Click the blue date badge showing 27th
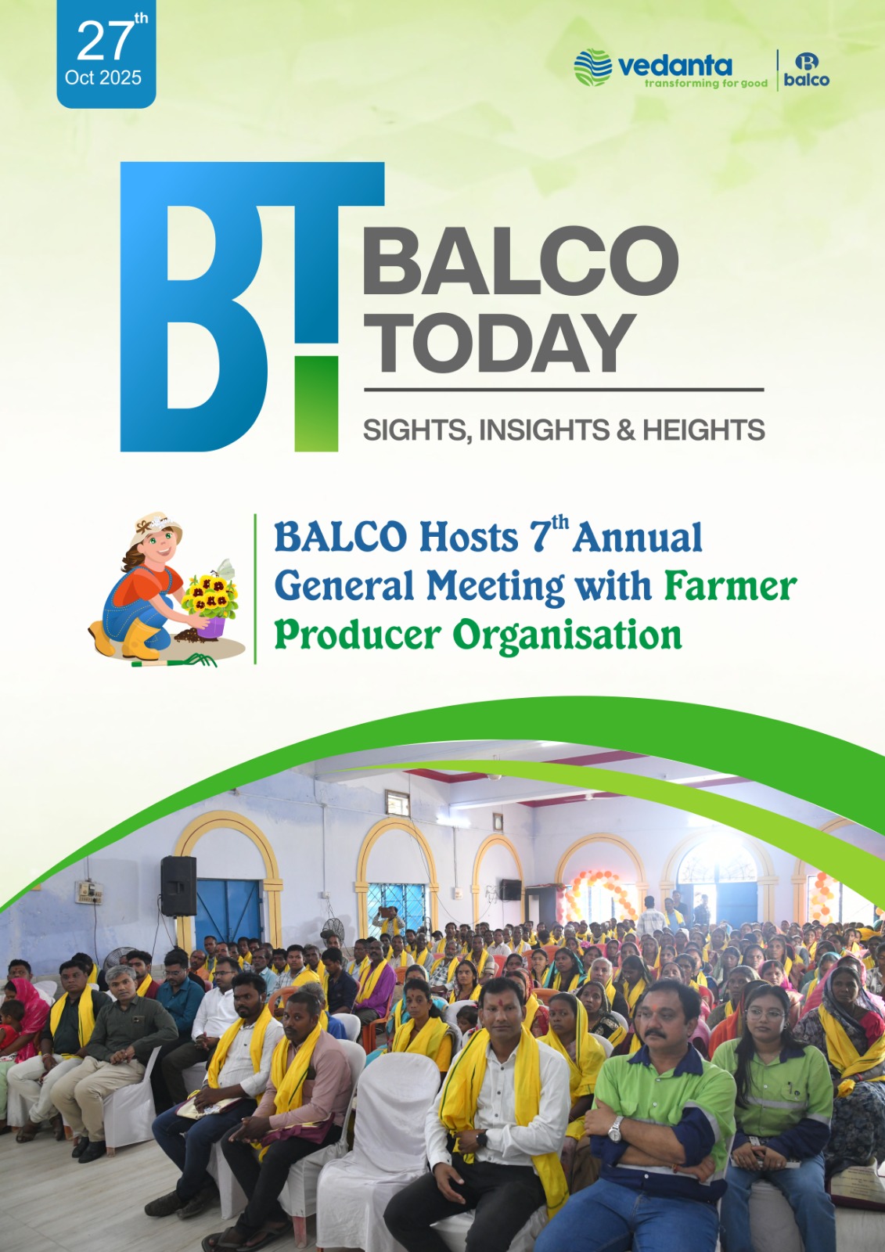click(106, 54)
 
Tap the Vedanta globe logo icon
click(592, 67)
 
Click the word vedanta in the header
click(675, 66)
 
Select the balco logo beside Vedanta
click(806, 70)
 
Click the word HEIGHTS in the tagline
click(704, 430)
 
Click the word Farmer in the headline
click(730, 586)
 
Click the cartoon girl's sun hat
click(156, 529)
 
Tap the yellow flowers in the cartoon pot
click(210, 594)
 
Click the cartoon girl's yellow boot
click(137, 637)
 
